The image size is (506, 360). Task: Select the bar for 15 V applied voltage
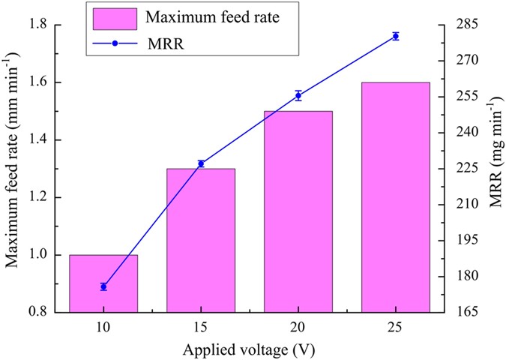(x=201, y=240)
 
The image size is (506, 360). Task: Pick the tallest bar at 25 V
(x=396, y=196)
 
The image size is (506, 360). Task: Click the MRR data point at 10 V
(x=103, y=286)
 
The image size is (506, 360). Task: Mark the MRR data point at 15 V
(x=201, y=163)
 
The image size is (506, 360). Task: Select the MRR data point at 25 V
(x=396, y=36)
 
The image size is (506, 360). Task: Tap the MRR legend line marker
(x=115, y=43)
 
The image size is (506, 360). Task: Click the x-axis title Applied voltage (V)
(x=249, y=349)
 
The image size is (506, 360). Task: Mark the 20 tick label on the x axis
(x=298, y=327)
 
